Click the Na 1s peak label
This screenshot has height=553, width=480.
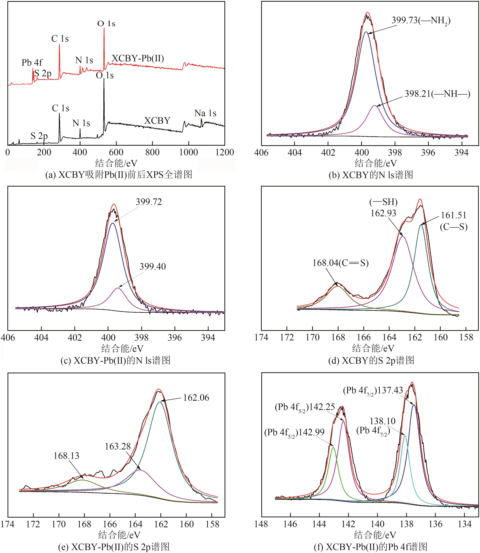pos(205,113)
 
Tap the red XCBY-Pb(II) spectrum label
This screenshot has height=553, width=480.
pos(138,58)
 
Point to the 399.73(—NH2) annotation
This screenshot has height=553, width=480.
pos(421,21)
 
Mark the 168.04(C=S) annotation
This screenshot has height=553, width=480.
pos(340,263)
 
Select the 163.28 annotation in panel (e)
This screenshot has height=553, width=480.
pos(118,446)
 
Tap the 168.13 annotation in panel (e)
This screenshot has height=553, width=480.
pos(66,456)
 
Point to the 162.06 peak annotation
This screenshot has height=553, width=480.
pos(196,397)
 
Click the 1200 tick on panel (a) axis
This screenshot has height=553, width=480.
pos(224,152)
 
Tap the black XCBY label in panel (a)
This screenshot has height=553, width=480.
pos(157,121)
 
